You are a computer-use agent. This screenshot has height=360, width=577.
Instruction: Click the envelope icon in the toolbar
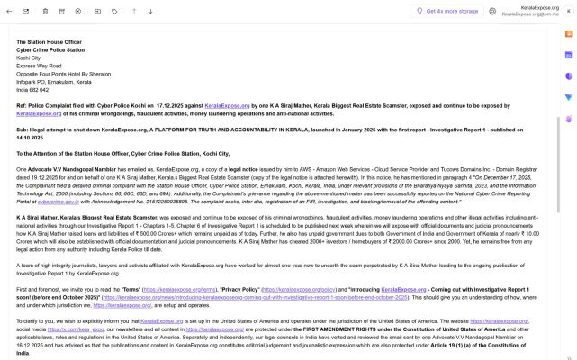click(24, 11)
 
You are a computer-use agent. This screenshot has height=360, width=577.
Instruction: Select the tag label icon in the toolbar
click(114, 11)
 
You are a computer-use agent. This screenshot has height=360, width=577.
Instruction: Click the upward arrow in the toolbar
click(133, 11)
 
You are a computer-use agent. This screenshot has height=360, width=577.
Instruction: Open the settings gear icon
click(492, 11)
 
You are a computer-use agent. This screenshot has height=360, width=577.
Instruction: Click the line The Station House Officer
click(49, 42)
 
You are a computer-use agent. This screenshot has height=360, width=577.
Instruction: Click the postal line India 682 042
click(32, 90)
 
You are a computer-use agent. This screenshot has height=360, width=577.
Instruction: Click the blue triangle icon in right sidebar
click(569, 96)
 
